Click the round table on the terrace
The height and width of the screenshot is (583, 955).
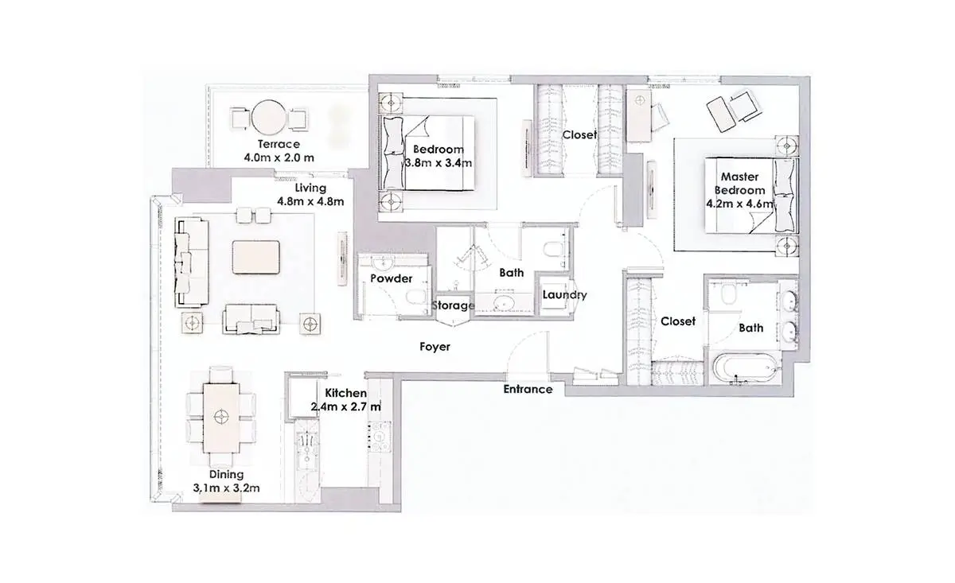click(268, 117)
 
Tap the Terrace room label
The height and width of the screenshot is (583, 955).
click(279, 144)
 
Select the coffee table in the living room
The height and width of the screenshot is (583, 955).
click(255, 257)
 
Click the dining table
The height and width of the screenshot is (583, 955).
click(221, 418)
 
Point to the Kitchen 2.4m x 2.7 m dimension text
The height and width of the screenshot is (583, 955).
click(345, 406)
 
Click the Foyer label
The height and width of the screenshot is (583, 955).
click(435, 347)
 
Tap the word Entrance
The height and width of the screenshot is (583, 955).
click(528, 389)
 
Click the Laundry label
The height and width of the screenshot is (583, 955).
click(564, 294)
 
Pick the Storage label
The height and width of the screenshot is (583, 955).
click(453, 305)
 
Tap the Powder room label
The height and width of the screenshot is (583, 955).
click(391, 278)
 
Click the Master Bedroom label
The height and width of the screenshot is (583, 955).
click(739, 183)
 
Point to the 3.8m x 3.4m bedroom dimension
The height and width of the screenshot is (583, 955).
click(439, 163)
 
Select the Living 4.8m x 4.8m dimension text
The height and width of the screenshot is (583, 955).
click(310, 201)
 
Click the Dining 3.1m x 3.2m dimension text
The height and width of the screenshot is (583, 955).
click(226, 488)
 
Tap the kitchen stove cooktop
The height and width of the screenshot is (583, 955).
click(380, 437)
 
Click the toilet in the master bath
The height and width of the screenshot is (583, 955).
click(727, 294)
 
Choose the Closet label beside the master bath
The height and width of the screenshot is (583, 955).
click(678, 321)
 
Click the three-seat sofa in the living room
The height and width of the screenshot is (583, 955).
click(191, 262)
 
